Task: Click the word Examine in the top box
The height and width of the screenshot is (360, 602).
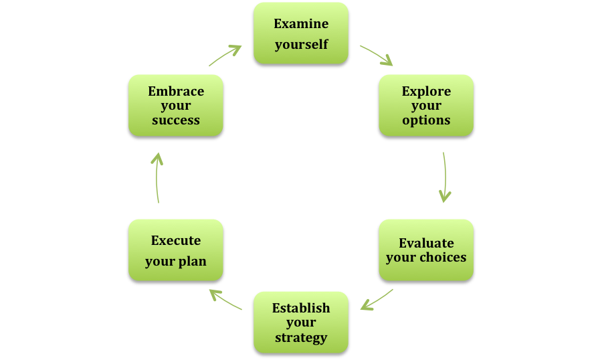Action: [x=301, y=24]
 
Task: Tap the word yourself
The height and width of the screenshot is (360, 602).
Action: [x=302, y=45]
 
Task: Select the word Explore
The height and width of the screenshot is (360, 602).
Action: [x=426, y=92]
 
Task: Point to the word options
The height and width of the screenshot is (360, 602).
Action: [x=426, y=120]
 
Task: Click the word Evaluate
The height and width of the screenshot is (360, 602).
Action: [x=426, y=243]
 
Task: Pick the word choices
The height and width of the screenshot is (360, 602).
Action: [x=443, y=257]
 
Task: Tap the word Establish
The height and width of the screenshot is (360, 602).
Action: [x=301, y=308]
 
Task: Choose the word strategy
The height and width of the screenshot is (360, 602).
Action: [x=301, y=338]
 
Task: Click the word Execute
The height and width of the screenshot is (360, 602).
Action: [x=176, y=240]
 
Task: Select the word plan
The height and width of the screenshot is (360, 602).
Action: [x=191, y=262]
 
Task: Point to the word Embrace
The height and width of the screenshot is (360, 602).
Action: [x=176, y=92]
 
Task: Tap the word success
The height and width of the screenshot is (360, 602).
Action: [x=176, y=120]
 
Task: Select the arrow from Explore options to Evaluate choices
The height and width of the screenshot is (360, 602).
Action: [x=445, y=177]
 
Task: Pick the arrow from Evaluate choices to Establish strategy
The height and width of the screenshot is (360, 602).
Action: [x=377, y=300]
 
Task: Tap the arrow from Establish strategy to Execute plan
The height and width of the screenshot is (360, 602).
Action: [x=226, y=300]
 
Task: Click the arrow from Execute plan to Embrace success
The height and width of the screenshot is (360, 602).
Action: [x=157, y=177]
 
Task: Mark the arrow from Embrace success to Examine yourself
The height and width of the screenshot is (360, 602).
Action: [x=225, y=55]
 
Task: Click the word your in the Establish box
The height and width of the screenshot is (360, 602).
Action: [x=301, y=323]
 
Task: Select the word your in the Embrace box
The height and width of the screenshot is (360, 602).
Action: [x=176, y=106]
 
